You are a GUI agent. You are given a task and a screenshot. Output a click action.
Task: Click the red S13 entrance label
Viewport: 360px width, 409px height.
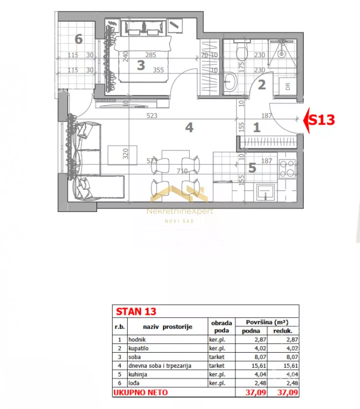(x=322, y=120)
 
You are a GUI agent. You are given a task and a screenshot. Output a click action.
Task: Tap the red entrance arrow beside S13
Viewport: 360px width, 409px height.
(x=306, y=120)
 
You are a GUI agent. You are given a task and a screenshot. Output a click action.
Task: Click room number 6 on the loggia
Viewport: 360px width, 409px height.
(x=79, y=39)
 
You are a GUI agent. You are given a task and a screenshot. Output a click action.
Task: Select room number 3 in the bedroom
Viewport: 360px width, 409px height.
(x=141, y=65)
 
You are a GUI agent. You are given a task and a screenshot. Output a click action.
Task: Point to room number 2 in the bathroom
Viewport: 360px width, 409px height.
(x=262, y=85)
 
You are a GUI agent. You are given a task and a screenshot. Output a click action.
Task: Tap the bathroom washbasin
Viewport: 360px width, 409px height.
(x=230, y=81)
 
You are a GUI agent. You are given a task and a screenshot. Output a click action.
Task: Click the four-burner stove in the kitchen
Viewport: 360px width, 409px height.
(x=287, y=169)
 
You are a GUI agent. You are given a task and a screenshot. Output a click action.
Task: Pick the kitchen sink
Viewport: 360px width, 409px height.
(x=266, y=192)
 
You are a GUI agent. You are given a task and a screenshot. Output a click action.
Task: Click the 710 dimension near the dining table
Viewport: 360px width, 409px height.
(x=182, y=171)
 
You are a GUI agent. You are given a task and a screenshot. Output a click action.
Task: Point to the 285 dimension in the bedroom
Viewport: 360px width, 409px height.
(x=151, y=55)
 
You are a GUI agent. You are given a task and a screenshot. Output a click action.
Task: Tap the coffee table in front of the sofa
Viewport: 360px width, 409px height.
(x=123, y=155)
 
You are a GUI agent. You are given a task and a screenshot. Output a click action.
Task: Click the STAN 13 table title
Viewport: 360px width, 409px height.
(x=136, y=312)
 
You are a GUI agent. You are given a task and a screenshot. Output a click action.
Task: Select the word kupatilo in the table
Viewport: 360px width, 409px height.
(x=138, y=349)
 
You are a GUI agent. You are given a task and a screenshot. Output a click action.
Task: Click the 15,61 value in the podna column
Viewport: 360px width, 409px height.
(x=259, y=366)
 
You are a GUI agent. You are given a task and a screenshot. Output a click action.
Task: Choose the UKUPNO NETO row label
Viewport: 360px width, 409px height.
(x=140, y=393)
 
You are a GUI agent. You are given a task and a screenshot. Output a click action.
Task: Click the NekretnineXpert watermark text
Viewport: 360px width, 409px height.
(x=180, y=211)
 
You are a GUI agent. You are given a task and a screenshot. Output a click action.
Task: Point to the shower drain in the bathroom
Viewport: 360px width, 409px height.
(x=281, y=55)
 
